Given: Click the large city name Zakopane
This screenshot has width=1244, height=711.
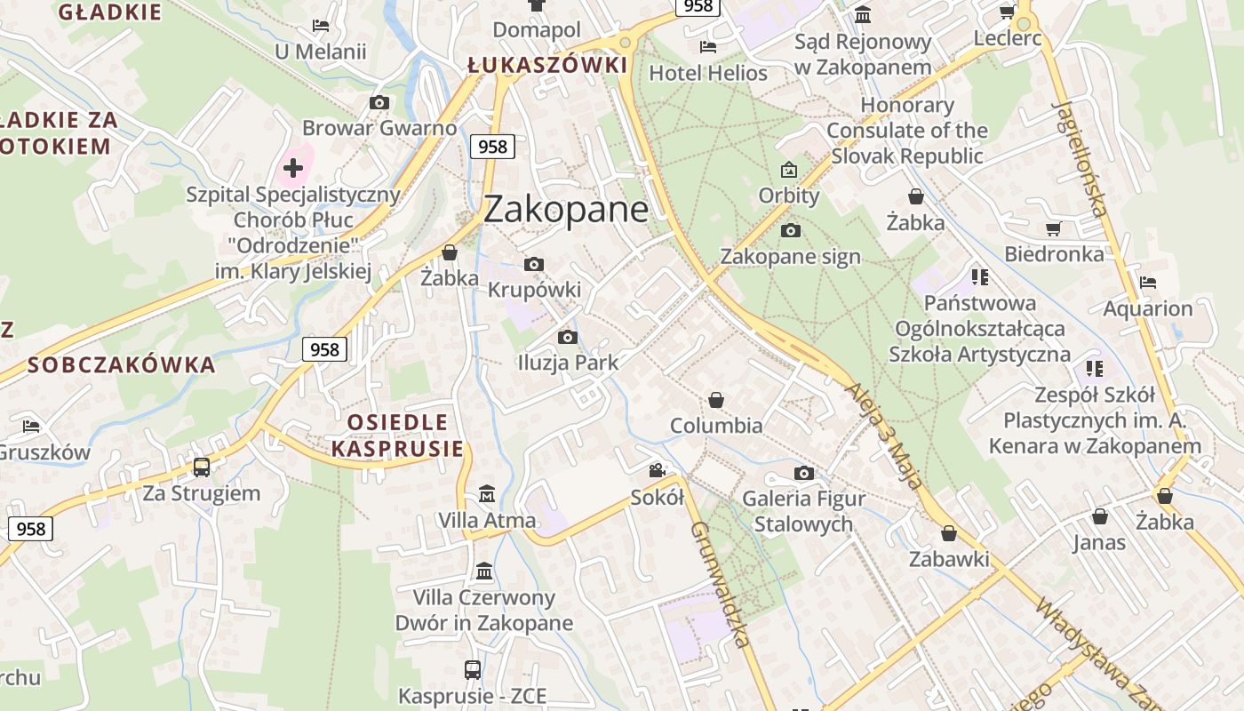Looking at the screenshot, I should tap(566, 209).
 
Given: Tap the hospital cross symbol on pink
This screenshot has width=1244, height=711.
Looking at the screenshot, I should tap(292, 166).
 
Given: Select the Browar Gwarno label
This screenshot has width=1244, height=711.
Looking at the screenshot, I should tap(379, 128).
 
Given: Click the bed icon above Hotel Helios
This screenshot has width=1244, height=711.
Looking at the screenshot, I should tap(708, 47).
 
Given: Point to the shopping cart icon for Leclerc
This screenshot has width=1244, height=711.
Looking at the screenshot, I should tap(1007, 12).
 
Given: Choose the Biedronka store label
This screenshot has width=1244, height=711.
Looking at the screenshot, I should tap(1054, 254).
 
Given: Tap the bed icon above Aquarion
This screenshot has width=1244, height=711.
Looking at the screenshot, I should tap(1148, 283).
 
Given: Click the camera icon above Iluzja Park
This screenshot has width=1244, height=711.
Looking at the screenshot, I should tap(567, 337).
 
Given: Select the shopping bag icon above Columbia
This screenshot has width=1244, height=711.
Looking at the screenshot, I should tap(716, 400).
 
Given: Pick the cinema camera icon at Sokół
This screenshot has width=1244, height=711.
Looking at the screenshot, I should tap(658, 471).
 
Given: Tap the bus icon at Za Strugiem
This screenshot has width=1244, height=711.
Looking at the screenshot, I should tap(202, 467).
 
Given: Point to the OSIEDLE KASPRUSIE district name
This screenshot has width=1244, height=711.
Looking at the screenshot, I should tap(397, 435).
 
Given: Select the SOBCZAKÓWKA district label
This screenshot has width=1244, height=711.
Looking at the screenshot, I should tap(122, 364).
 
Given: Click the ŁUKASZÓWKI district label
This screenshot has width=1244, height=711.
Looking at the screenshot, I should tap(547, 65).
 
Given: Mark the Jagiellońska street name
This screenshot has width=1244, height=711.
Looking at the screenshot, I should tap(1080, 158).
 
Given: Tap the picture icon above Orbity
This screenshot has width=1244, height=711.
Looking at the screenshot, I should tap(789, 169).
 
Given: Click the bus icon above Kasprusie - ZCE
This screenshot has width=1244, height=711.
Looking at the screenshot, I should tap(473, 669).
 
